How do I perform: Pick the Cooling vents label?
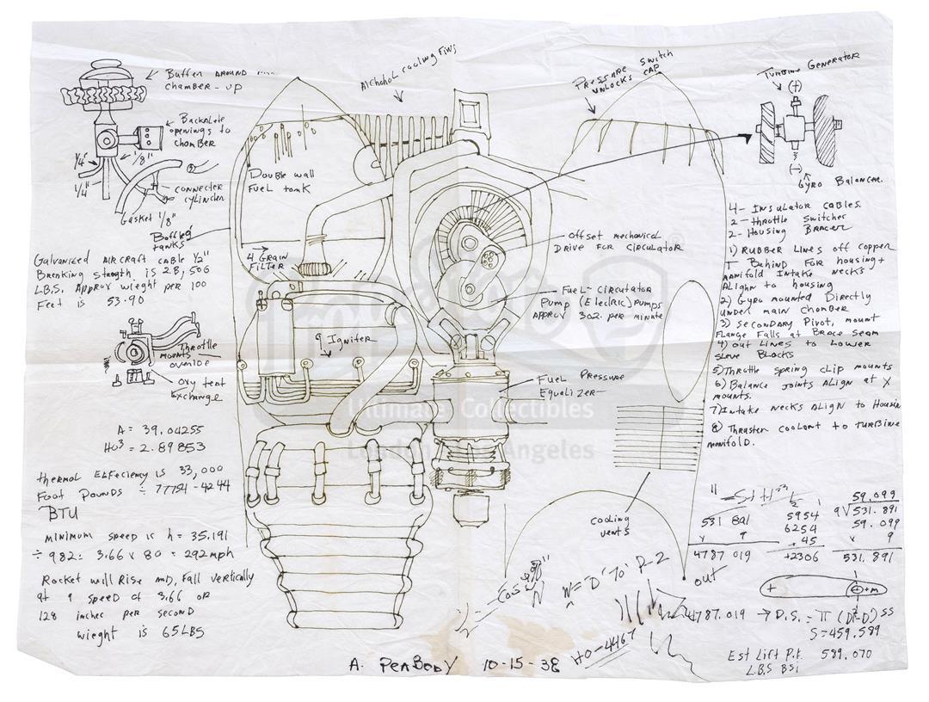(x=612, y=525)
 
